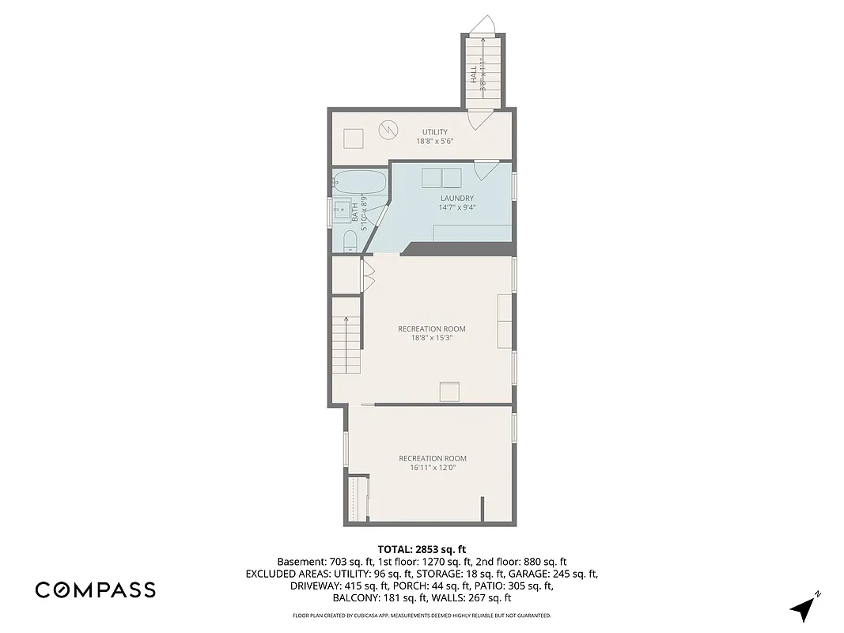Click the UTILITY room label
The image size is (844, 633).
[x=434, y=132]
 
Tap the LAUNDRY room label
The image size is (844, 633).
[x=457, y=199]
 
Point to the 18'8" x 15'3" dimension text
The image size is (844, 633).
[x=431, y=338]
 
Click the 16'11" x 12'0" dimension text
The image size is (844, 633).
[x=432, y=468]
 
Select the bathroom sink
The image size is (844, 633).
[x=343, y=211]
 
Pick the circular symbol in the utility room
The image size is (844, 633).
[x=387, y=128]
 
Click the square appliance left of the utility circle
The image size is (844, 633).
[x=352, y=138]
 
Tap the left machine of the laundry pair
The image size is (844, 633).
[x=431, y=178]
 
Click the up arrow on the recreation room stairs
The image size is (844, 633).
[x=346, y=321]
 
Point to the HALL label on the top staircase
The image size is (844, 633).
[x=473, y=75]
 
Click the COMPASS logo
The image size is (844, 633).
[x=95, y=589]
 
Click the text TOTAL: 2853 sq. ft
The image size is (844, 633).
[x=422, y=548]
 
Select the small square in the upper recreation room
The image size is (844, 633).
[x=449, y=392]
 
